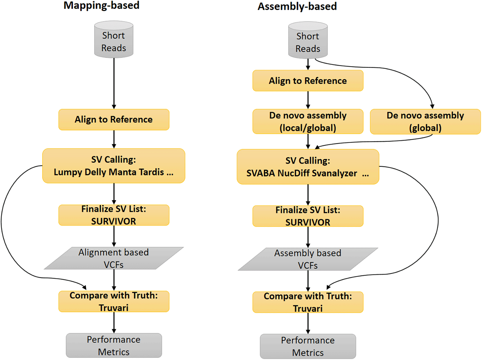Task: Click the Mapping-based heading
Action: tap(101, 6)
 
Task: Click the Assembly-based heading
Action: tap(297, 6)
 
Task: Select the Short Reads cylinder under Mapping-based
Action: tap(114, 39)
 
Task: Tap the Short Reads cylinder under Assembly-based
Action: tap(308, 40)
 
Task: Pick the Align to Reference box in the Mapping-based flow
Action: tap(114, 120)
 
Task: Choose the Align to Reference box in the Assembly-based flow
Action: tap(308, 81)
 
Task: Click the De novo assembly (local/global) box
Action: tap(308, 122)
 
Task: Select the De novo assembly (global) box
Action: tap(425, 122)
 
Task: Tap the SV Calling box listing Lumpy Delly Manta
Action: tap(114, 166)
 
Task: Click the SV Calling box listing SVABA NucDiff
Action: tap(308, 167)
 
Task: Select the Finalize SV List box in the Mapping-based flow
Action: tap(114, 215)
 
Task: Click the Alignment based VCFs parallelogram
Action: tap(114, 258)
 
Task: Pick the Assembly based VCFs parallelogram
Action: tap(308, 259)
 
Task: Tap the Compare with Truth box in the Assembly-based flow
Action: tap(308, 302)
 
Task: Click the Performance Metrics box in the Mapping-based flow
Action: tap(114, 346)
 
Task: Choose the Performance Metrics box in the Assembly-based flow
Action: tap(308, 346)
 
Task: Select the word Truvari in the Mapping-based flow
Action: tap(114, 308)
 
